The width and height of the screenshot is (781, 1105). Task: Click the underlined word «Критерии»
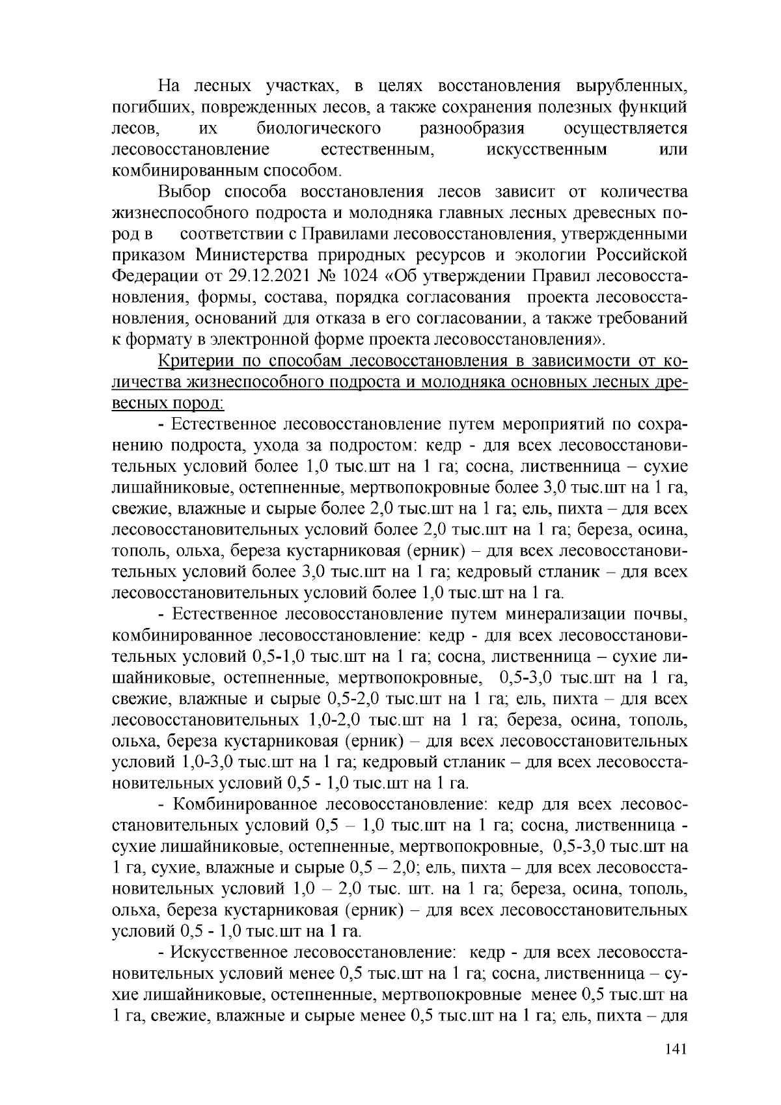click(x=198, y=361)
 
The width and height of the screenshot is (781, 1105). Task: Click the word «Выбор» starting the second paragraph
click(x=185, y=192)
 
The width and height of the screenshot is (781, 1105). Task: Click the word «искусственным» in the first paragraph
click(x=547, y=150)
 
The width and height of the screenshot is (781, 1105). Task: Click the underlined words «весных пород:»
click(x=169, y=403)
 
